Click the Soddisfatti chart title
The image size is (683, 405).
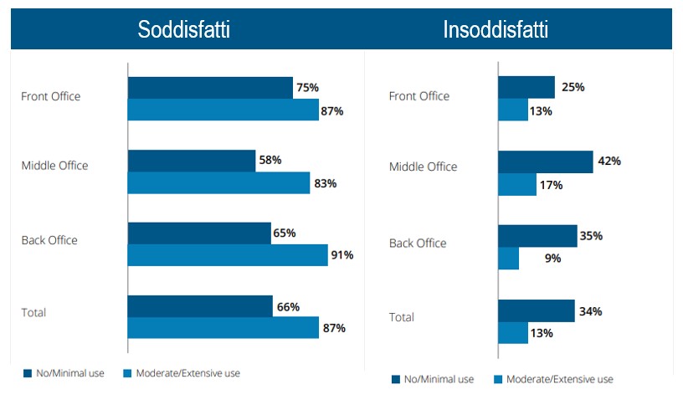coord(183,30)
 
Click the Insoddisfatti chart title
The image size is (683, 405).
coord(496,30)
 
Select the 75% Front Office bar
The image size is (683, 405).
coord(210,88)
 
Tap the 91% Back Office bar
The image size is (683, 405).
coord(227,255)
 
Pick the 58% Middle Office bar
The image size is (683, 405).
coord(192,161)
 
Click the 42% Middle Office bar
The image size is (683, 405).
coord(545,161)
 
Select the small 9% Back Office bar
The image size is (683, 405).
coord(508,259)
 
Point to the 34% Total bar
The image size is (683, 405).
coord(536,311)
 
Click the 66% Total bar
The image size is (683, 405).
coord(200,306)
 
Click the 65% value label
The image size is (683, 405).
coord(284,233)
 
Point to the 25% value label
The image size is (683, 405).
coord(573,87)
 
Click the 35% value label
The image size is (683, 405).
coord(591,236)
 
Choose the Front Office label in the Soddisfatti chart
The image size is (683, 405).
coord(50,96)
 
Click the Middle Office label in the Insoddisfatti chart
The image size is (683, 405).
coord(423,167)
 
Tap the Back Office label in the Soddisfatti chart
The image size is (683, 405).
coord(49,240)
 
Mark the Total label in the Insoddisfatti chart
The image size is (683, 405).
coord(402,317)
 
